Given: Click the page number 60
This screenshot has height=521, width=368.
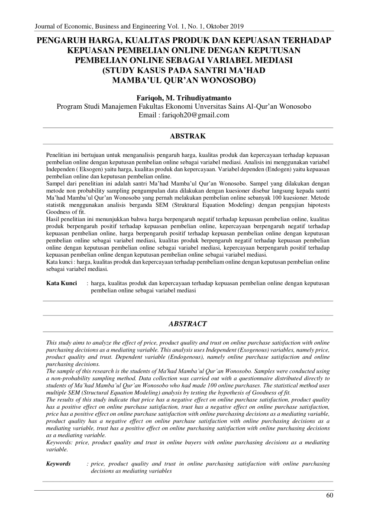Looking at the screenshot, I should pos(329,496).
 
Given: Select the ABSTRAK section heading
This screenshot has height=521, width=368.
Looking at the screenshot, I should pos(184,136).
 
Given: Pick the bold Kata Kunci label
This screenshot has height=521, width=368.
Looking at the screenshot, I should pos(61,283).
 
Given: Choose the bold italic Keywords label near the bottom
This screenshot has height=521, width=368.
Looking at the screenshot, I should pos(58,464).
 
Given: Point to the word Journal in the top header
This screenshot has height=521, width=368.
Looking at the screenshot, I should pos(46,25).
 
